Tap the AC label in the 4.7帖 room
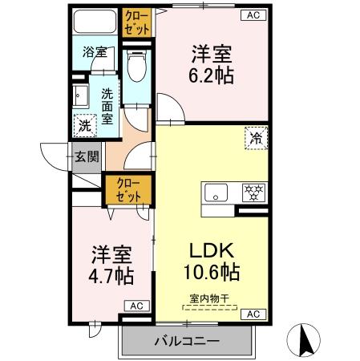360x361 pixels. click(136, 306)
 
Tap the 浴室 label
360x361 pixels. click(94, 53)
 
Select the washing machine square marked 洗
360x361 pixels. click(84, 124)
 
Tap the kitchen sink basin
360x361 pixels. click(216, 193)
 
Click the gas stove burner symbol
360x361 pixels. click(254, 193)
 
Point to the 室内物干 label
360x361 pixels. click(209, 298)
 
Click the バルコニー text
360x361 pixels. click(187, 342)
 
